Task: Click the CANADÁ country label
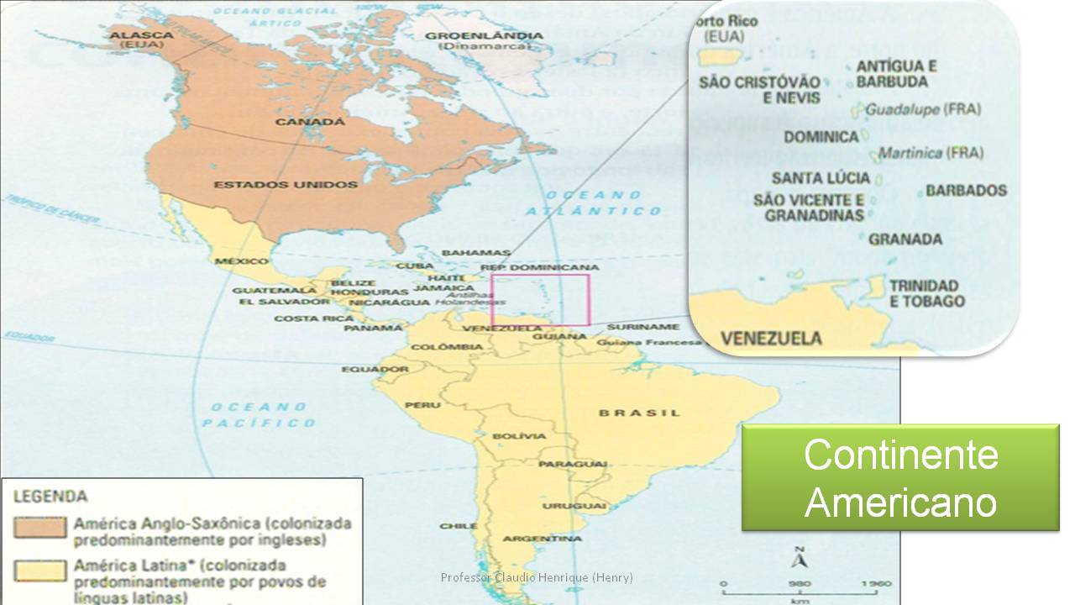point(310,122)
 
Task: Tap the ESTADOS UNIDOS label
point(286,184)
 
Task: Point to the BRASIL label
point(639,413)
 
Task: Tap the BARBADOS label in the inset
point(966,191)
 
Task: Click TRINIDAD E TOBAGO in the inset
point(927,293)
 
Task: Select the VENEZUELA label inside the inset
point(771,339)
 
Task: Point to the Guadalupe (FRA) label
point(922,109)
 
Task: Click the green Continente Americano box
point(900,477)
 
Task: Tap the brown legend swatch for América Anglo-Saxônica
point(39,528)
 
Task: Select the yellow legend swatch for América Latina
point(39,571)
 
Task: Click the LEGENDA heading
point(50,497)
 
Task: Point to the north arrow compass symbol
point(800,558)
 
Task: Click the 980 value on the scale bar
point(799,584)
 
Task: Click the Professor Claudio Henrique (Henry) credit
point(537,577)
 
